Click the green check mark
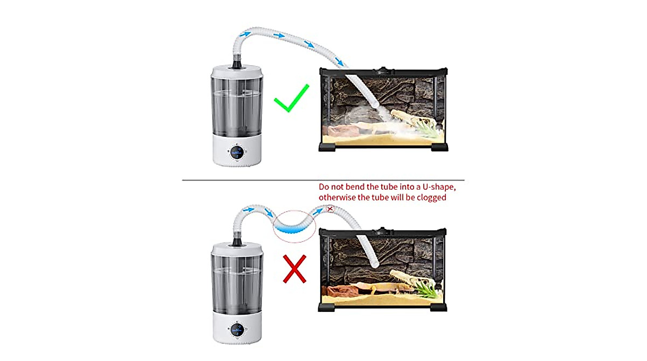tap(291, 98)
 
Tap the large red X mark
tap(295, 269)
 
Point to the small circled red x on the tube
tap(330, 208)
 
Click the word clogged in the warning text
tap(432, 198)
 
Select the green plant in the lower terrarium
tap(428, 291)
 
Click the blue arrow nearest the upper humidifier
tap(245, 35)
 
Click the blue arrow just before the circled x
tap(317, 213)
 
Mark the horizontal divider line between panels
tap(323, 180)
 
